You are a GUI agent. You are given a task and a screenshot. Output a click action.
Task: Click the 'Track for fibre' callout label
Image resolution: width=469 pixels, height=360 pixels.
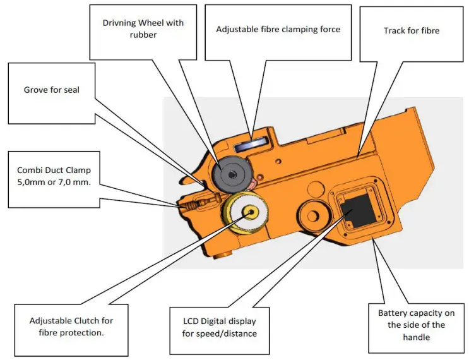tap(411, 30)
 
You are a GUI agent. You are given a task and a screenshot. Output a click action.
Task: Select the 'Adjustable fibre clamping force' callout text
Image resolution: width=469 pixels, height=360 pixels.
tap(278, 29)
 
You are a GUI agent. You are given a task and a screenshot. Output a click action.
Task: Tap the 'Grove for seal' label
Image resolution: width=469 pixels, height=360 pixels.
tap(52, 90)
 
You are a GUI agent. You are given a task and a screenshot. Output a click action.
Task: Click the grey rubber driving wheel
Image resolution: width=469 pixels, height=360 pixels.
tap(232, 172)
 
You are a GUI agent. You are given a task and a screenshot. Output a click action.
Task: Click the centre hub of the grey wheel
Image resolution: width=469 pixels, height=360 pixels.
tap(233, 173)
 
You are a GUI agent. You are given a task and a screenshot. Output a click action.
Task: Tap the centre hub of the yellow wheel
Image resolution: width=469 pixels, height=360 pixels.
tap(251, 212)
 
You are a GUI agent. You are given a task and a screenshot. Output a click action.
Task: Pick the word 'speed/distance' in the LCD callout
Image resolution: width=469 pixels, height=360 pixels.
tap(230, 333)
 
